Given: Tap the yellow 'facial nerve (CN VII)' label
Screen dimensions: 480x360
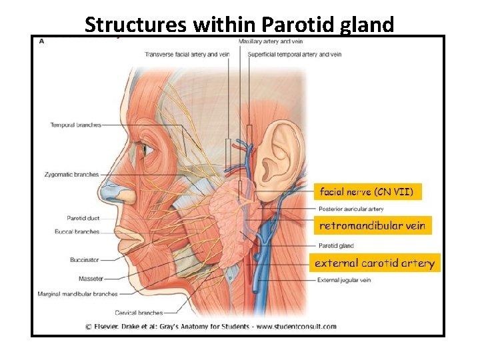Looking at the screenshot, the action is pyautogui.click(x=367, y=192).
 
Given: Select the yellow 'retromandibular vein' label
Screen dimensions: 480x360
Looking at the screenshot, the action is pyautogui.click(x=371, y=226).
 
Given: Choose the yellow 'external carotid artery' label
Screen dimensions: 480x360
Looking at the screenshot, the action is pyautogui.click(x=374, y=263).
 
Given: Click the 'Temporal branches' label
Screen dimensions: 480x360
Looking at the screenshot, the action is pyautogui.click(x=75, y=125).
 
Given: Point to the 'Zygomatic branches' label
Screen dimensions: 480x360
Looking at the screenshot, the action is pyautogui.click(x=72, y=175).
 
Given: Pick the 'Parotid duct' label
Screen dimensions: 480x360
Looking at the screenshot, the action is pyautogui.click(x=83, y=218).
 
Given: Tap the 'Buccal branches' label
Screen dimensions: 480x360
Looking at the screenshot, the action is pyautogui.click(x=77, y=232).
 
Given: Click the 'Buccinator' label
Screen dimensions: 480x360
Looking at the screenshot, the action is pyautogui.click(x=84, y=260).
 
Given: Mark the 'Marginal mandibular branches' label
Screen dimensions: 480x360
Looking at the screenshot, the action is pyautogui.click(x=77, y=294).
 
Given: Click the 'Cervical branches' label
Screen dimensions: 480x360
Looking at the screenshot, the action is pyautogui.click(x=139, y=313).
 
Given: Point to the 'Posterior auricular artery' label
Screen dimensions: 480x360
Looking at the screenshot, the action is pyautogui.click(x=351, y=209).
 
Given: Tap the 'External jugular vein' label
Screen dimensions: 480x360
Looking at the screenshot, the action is pyautogui.click(x=344, y=280).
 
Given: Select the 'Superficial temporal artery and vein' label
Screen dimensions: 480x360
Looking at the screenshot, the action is pyautogui.click(x=294, y=54).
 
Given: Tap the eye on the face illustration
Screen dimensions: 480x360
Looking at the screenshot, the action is pyautogui.click(x=142, y=150).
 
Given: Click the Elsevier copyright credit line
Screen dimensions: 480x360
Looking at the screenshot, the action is pyautogui.click(x=211, y=327).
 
